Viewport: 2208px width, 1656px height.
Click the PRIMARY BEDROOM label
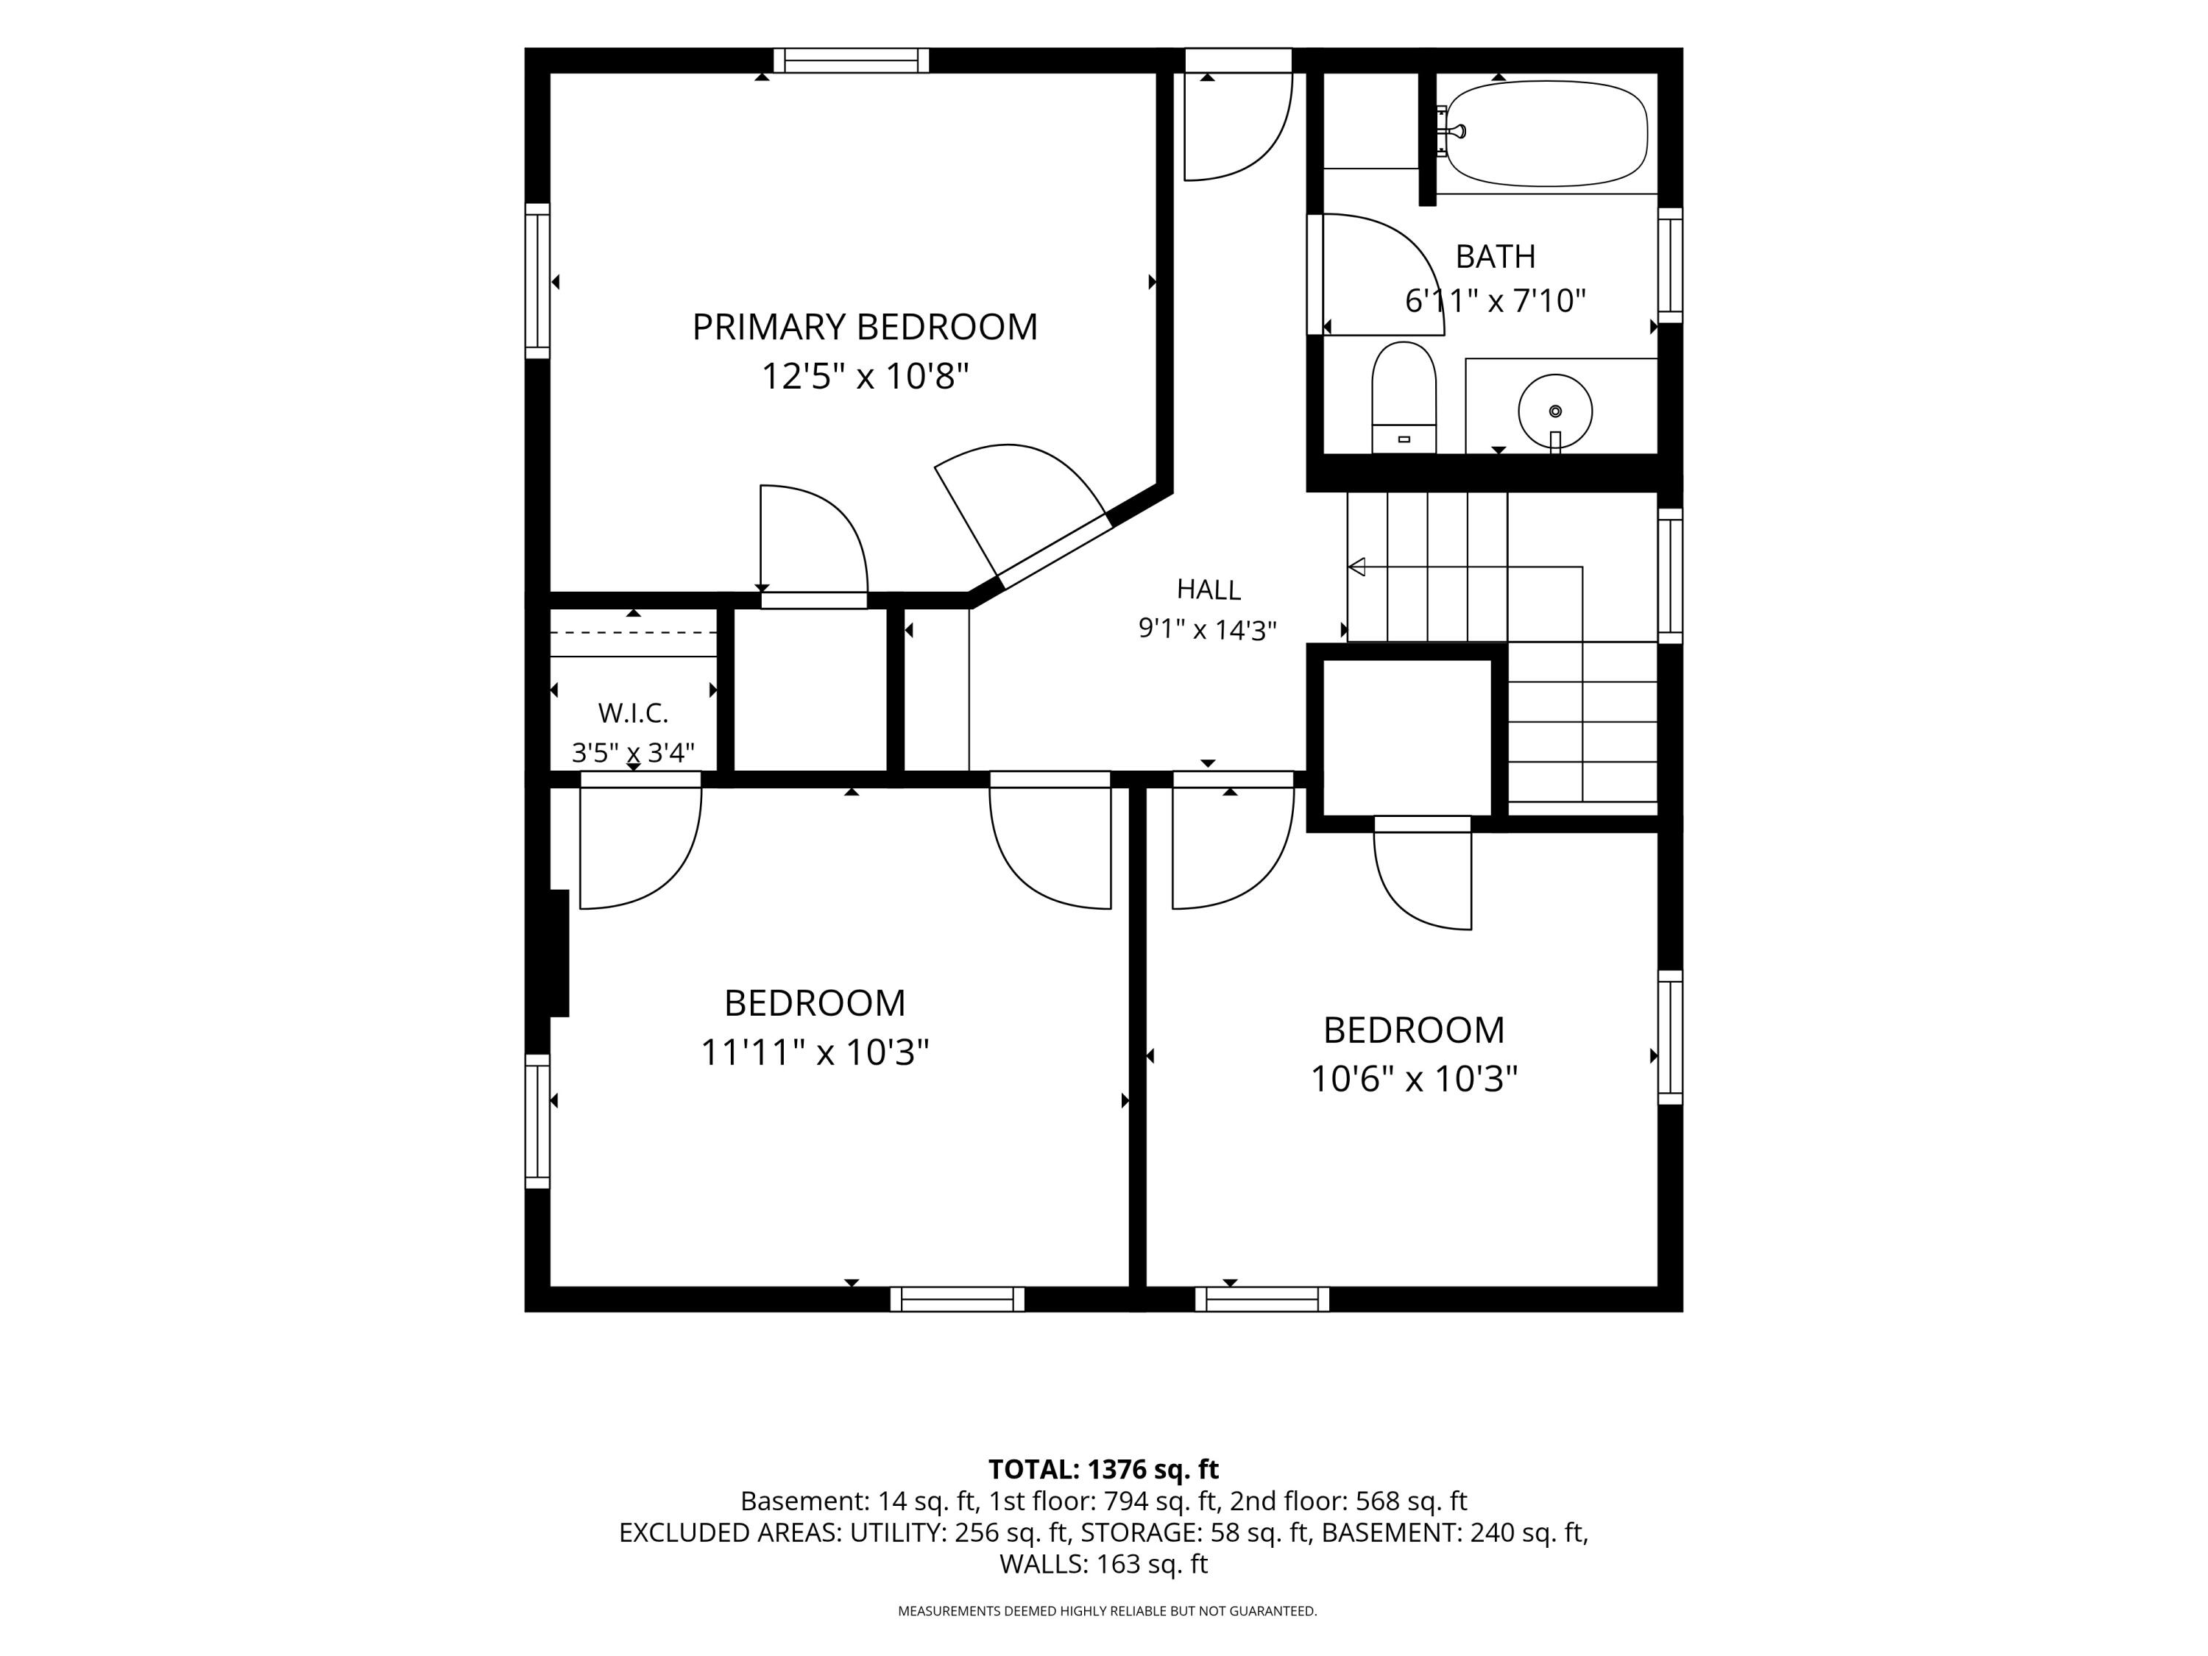click(865, 328)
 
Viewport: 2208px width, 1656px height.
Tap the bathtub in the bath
click(1546, 134)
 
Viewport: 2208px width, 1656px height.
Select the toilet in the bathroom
click(1404, 397)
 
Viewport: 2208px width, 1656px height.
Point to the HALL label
click(1209, 590)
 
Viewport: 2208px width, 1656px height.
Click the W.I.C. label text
click(633, 712)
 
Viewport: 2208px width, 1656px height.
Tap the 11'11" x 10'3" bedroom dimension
click(815, 1052)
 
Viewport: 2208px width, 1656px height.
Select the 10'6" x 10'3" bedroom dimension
click(1413, 1079)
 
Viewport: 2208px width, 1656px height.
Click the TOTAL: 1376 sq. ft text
click(1103, 1469)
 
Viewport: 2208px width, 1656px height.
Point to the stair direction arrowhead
click(1356, 567)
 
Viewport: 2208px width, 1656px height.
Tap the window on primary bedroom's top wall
click(852, 61)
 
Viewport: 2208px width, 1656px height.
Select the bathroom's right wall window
click(1670, 266)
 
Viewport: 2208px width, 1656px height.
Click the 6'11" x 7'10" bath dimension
click(1496, 300)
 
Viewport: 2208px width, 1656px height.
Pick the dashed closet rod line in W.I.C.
click(634, 633)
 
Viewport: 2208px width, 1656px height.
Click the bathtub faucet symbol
click(1448, 131)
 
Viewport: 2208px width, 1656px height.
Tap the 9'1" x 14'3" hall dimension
click(1208, 630)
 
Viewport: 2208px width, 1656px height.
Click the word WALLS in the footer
click(1042, 1563)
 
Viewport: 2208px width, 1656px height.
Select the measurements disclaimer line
click(1107, 1611)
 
